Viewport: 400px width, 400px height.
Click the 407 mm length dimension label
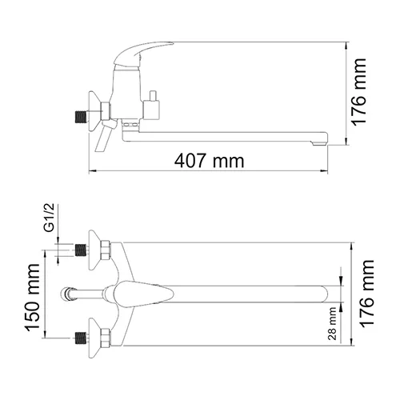pos(210,160)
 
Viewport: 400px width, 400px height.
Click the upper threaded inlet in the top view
pos(79,250)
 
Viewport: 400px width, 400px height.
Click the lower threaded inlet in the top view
pos(79,337)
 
